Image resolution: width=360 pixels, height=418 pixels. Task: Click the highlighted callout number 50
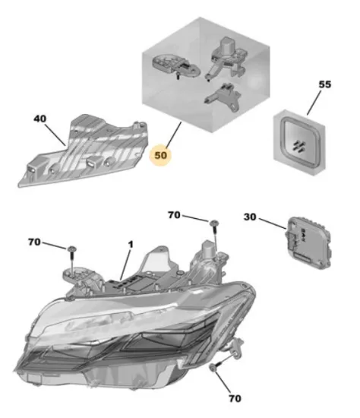coord(161,155)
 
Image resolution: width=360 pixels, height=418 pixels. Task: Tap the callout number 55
coord(325,84)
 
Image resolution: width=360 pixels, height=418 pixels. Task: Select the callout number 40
coord(39,119)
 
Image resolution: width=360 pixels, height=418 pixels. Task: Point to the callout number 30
coord(250,217)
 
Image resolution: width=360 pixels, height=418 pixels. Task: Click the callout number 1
coord(131,245)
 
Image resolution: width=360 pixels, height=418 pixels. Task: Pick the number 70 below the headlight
coord(235,398)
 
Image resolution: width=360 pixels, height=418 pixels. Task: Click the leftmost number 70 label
coord(34,242)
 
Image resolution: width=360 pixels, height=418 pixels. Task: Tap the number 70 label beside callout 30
coord(174,215)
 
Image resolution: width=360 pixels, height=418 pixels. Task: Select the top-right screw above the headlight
coord(214,235)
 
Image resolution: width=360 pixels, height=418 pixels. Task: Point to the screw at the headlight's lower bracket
coord(216,366)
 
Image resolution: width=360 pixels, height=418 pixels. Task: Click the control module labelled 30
coord(308,242)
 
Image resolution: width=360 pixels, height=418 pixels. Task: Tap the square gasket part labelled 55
coord(299,142)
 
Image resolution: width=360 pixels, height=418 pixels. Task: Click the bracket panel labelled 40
coord(84,150)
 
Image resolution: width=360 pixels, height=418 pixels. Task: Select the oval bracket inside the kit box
coord(176,65)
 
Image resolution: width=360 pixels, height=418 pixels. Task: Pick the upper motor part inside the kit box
coord(227,58)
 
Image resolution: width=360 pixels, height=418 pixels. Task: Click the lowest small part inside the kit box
coord(223,97)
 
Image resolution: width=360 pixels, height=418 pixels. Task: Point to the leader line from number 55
coord(314,103)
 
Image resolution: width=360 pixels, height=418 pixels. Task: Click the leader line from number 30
coord(272,223)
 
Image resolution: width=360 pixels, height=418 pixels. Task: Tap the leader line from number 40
coord(55,135)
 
